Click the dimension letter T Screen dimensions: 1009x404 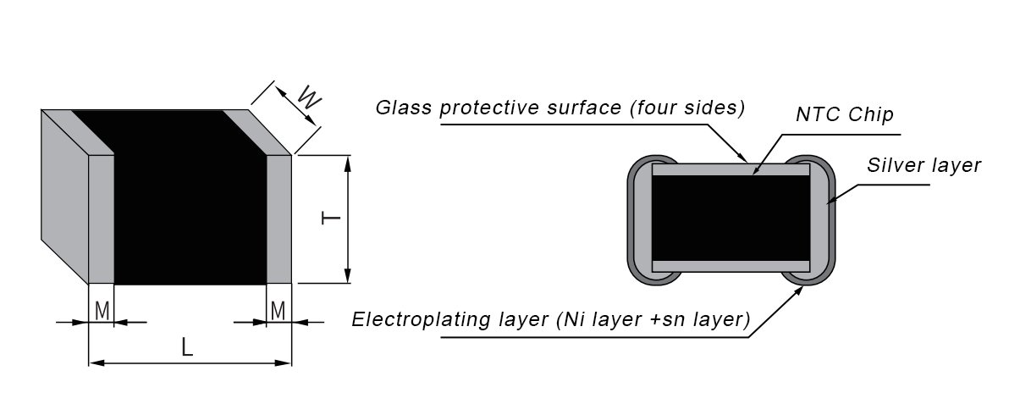click(x=331, y=219)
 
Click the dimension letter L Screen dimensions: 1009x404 click(x=186, y=348)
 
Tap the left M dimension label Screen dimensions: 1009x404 click(x=102, y=311)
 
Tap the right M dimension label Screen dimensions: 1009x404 click(x=278, y=311)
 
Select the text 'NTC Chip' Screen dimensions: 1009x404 click(x=844, y=114)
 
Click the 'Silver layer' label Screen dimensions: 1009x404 click(x=924, y=166)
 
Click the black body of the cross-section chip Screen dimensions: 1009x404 click(x=731, y=218)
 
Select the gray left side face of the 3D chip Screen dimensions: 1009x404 click(x=64, y=196)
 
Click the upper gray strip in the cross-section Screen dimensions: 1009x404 click(x=731, y=169)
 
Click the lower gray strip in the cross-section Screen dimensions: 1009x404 click(x=731, y=266)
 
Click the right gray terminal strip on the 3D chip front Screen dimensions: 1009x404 click(x=279, y=219)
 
